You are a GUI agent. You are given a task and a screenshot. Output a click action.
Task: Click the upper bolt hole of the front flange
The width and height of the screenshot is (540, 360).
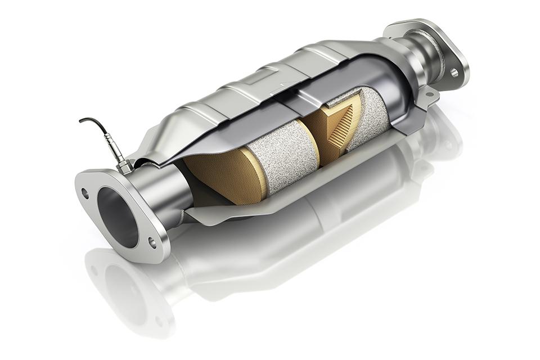pyautogui.click(x=85, y=193)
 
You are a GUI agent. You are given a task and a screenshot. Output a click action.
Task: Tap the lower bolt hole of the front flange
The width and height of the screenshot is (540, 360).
pyautogui.click(x=152, y=242)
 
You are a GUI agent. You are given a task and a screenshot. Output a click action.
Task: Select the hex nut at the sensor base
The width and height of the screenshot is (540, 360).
pyautogui.click(x=125, y=166)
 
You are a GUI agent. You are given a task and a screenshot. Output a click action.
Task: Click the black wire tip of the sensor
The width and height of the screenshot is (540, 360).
pyautogui.click(x=82, y=120)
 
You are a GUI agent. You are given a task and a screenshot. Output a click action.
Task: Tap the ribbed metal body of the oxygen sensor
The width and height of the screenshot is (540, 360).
pyautogui.click(x=114, y=150)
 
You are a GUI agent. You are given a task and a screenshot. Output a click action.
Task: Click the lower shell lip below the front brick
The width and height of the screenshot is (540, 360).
pyautogui.click(x=236, y=211)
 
